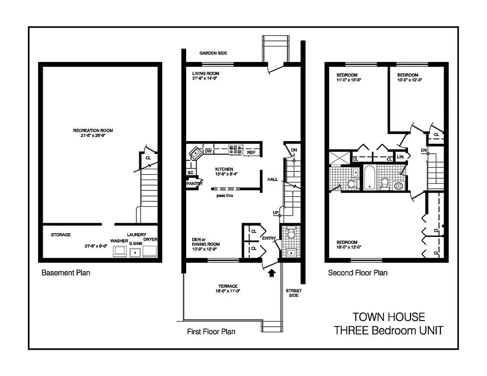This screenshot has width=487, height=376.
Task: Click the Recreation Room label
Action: click(93, 131)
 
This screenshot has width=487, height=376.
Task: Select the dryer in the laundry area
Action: click(150, 251)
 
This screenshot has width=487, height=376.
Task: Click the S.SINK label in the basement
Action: click(135, 243)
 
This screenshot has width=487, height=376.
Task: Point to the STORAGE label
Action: click(61, 235)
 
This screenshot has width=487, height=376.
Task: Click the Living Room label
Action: click(205, 74)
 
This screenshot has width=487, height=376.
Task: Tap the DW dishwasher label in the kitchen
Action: click(208, 151)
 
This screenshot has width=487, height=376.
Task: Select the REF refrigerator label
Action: click(251, 152)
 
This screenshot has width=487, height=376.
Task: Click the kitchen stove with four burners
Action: click(235, 150)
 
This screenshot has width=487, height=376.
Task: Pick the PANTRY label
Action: click(194, 184)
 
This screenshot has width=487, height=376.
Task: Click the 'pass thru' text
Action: click(225, 195)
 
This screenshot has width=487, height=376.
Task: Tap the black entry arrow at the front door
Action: click(271, 272)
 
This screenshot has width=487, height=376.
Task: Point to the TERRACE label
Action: click(228, 286)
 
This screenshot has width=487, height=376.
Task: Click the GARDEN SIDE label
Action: click(213, 53)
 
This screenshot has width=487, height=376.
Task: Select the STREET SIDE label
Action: click(294, 293)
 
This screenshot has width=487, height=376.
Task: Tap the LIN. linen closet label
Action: click(401, 157)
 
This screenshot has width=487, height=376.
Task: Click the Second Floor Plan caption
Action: click(357, 273)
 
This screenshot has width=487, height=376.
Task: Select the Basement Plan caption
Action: click(66, 273)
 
